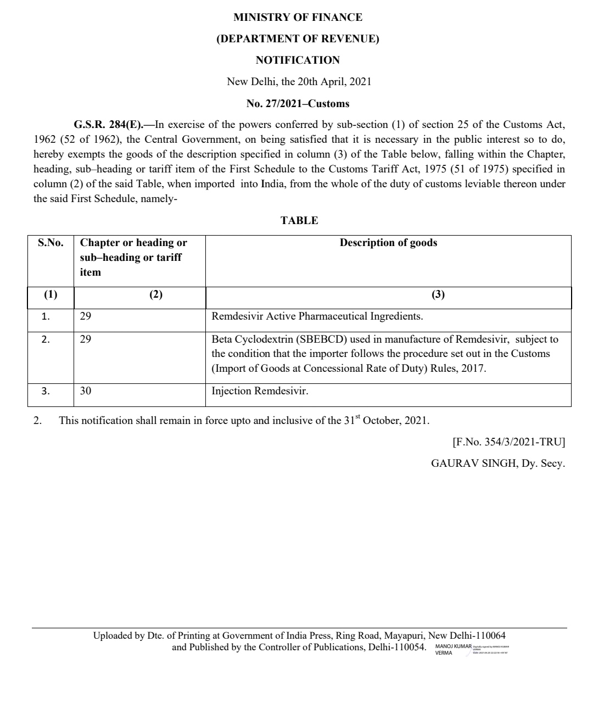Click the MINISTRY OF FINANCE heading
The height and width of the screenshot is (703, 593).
click(x=298, y=17)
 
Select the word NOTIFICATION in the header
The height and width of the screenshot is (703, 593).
click(x=298, y=60)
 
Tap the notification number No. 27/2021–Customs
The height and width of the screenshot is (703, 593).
click(x=298, y=104)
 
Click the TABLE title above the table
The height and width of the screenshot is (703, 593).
click(x=299, y=221)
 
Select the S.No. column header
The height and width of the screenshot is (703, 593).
click(x=51, y=243)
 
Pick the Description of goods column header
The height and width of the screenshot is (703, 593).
click(x=388, y=243)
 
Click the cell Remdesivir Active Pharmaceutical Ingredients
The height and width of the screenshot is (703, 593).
click(x=317, y=316)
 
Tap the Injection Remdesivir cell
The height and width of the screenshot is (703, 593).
click(x=260, y=391)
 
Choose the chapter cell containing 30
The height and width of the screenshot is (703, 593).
click(x=86, y=391)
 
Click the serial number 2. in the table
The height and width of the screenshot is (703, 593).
click(x=46, y=339)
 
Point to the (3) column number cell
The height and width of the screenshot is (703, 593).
click(x=438, y=295)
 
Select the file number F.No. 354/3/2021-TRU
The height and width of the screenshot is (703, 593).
click(x=508, y=442)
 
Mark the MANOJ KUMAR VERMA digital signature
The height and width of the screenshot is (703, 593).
click(x=453, y=649)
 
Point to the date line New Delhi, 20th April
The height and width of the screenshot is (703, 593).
click(x=299, y=82)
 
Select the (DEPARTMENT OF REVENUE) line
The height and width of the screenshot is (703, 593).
click(x=298, y=38)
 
